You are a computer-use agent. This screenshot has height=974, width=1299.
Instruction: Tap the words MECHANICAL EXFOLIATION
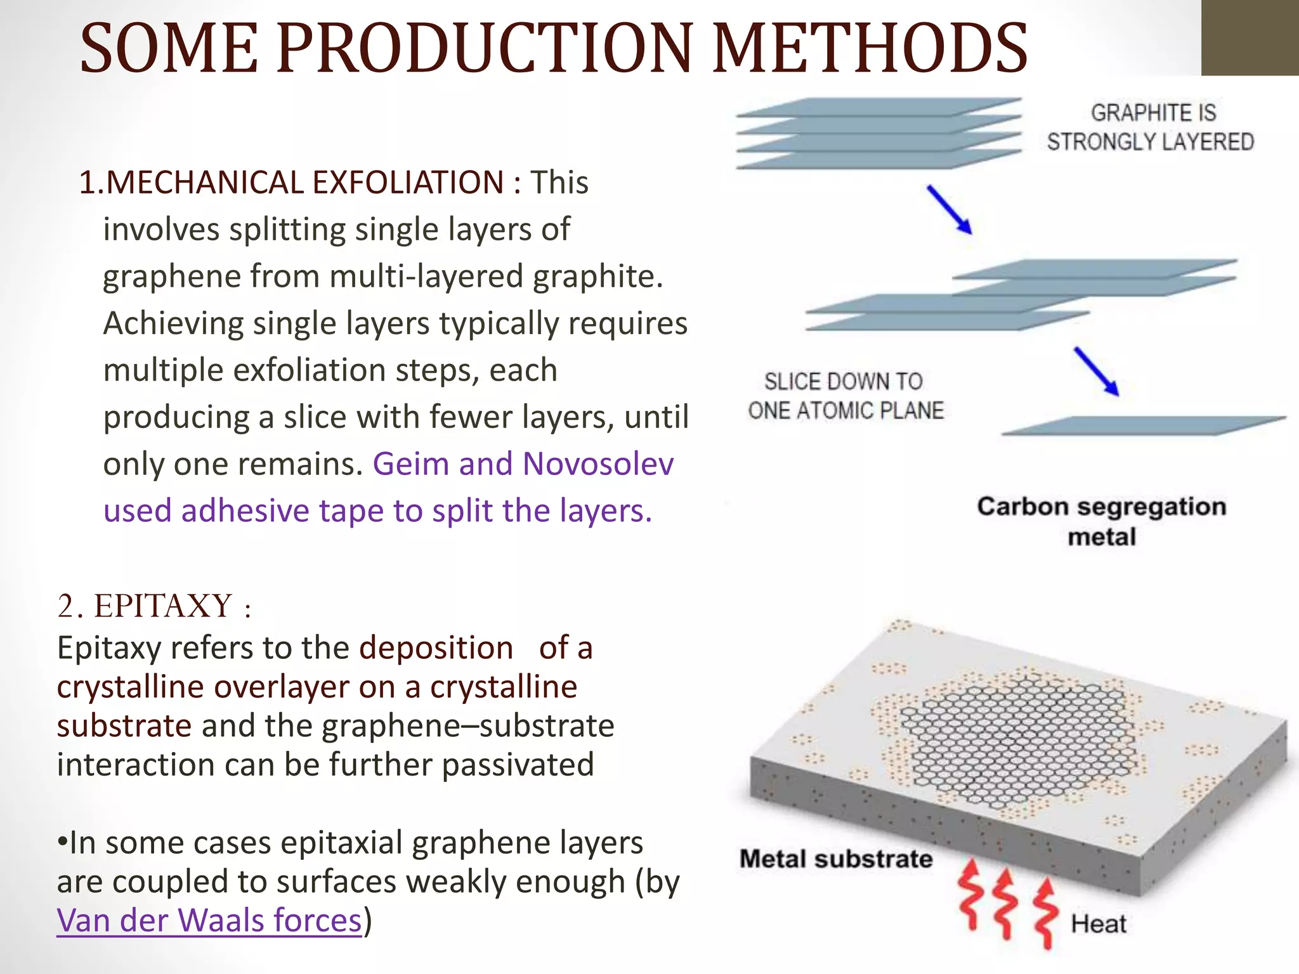(304, 183)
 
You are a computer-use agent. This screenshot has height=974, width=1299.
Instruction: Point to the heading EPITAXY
(163, 606)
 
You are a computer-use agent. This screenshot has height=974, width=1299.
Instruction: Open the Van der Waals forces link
(209, 921)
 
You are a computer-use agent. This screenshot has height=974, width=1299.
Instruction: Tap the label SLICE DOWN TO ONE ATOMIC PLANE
(845, 396)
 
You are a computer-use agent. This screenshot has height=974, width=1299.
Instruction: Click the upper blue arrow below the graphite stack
(950, 210)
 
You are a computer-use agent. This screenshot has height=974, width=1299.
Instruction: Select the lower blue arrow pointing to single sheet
(1096, 372)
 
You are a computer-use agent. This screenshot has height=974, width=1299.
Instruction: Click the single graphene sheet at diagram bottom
(1142, 425)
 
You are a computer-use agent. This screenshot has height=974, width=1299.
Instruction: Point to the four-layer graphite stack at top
(878, 133)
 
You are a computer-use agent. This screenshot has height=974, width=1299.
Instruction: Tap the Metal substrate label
(836, 859)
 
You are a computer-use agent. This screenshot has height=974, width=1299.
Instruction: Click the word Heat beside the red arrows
(1099, 924)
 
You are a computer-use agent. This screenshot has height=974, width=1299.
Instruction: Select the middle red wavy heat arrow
(1005, 904)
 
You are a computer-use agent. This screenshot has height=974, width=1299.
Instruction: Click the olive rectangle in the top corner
(1250, 38)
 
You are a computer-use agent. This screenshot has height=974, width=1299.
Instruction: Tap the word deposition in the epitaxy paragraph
(436, 648)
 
